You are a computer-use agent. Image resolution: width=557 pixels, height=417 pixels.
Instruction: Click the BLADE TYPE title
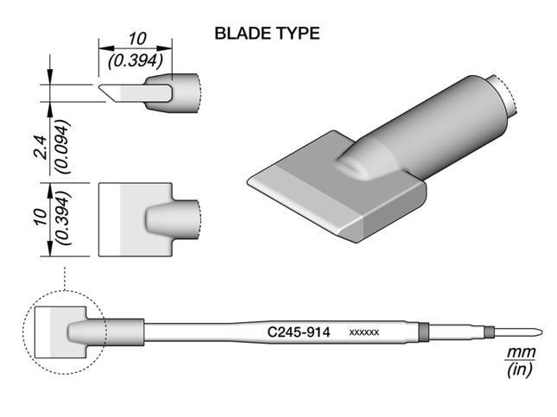[x=267, y=34]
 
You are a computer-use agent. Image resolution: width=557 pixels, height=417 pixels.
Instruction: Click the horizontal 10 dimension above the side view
[x=136, y=39]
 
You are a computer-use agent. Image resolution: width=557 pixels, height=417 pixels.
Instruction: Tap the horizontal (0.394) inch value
[x=136, y=61]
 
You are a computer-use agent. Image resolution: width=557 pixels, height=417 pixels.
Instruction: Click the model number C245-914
[x=300, y=332]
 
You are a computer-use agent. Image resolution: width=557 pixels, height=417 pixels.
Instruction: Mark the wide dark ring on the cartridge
[x=423, y=332]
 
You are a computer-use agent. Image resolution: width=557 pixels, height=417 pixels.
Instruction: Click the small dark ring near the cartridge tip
[x=490, y=332]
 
